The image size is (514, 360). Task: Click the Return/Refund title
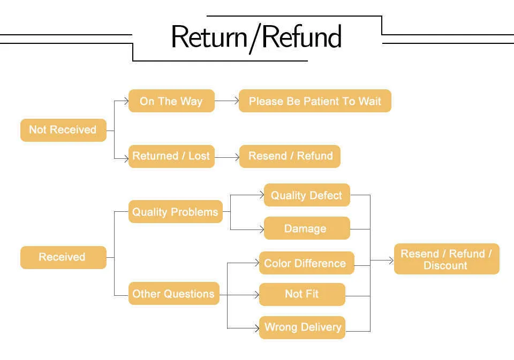pos(256,37)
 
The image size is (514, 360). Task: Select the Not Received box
pos(63,130)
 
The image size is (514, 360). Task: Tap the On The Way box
pos(171,101)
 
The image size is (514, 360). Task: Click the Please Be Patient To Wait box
pos(315,101)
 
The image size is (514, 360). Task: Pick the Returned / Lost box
pos(171,156)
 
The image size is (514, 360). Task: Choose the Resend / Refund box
pos(290,156)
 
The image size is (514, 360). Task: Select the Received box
pos(63,257)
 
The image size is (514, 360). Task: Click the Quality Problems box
pos(176,212)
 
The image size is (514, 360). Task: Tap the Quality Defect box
pos(307,195)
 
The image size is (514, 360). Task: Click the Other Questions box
pos(173,294)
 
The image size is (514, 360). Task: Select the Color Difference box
pos(306,263)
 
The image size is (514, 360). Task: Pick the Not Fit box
pos(302,295)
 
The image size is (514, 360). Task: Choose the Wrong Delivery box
pos(302,327)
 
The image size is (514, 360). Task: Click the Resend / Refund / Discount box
pos(447,259)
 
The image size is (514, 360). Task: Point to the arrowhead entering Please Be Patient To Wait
pos(237,101)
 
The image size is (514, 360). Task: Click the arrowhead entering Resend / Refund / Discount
pos(391,261)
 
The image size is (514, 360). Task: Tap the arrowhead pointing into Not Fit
pos(257,295)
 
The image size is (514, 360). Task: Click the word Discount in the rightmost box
pos(445,265)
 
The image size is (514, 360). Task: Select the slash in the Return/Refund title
pos(255,39)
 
